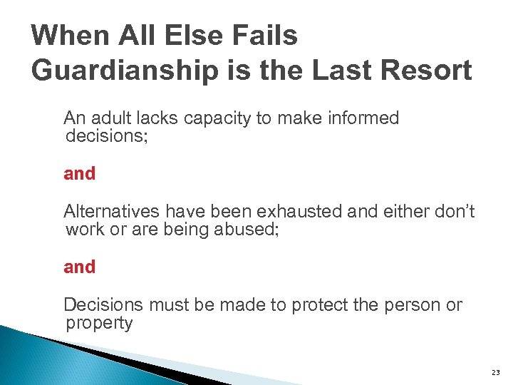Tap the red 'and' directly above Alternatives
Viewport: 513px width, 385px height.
coord(79,173)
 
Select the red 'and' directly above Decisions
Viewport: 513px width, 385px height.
coord(79,267)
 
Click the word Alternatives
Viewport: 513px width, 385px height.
coord(112,211)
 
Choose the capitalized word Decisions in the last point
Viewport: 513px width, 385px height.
coord(103,305)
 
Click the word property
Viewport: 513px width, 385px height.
coord(99,324)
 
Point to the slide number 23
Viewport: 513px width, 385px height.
coord(496,373)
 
